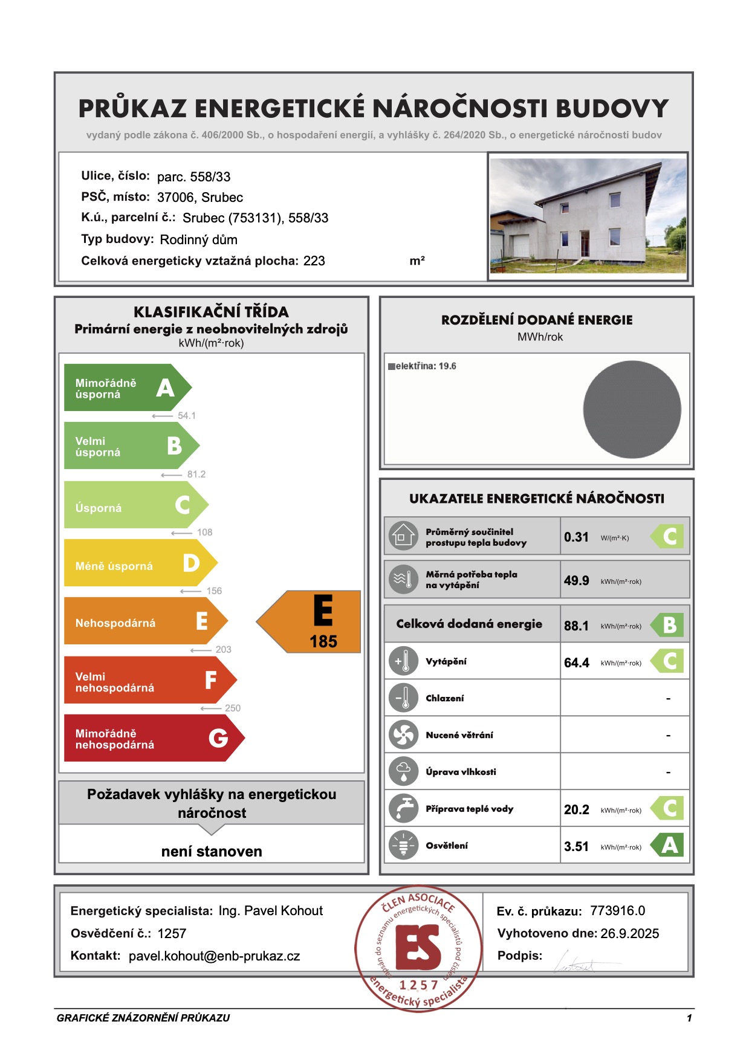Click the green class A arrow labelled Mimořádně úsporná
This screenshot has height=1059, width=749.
pyautogui.click(x=127, y=388)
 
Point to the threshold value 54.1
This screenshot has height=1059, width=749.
pyautogui.click(x=186, y=416)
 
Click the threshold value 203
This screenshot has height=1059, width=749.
pyautogui.click(x=223, y=650)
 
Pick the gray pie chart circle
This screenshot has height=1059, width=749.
pyautogui.click(x=632, y=410)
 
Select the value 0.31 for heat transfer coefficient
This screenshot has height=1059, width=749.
pyautogui.click(x=576, y=537)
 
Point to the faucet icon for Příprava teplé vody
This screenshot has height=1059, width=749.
pyautogui.click(x=403, y=809)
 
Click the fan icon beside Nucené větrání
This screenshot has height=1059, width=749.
pyautogui.click(x=403, y=735)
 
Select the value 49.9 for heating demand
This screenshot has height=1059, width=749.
pyautogui.click(x=576, y=581)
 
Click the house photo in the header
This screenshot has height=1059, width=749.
pyautogui.click(x=588, y=216)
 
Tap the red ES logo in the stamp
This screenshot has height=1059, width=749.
pyautogui.click(x=418, y=947)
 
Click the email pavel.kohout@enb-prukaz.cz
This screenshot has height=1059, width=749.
pyautogui.click(x=214, y=956)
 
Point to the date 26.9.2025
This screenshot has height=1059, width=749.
pyautogui.click(x=629, y=933)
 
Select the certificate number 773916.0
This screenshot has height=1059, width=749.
pyautogui.click(x=617, y=911)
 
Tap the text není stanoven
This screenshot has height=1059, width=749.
pyautogui.click(x=212, y=852)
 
